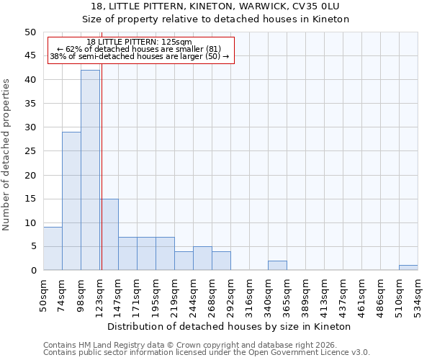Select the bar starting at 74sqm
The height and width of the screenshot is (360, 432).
pos(71,201)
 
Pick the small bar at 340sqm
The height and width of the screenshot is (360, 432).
pos(277,266)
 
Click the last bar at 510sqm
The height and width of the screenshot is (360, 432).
pos(408,268)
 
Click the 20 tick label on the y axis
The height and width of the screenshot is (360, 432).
pos(30,175)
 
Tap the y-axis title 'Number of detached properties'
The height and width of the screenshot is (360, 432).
pos(7,166)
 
